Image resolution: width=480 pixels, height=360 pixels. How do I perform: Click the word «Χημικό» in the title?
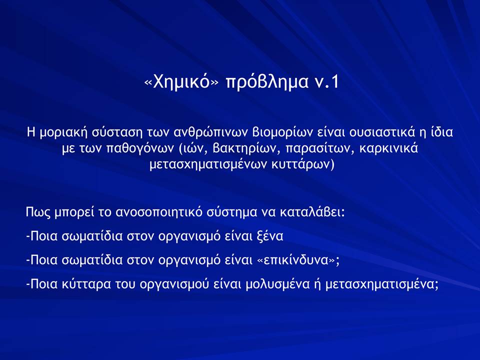182,81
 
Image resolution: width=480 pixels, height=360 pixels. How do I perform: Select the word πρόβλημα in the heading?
266,82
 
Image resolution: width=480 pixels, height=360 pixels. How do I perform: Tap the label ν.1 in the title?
326,81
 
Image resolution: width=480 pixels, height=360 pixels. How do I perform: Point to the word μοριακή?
63,132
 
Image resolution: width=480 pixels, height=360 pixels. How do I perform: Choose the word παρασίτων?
320,149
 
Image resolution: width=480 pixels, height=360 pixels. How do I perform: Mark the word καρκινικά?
388,148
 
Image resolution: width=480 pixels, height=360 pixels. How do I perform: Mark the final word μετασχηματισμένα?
381,284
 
